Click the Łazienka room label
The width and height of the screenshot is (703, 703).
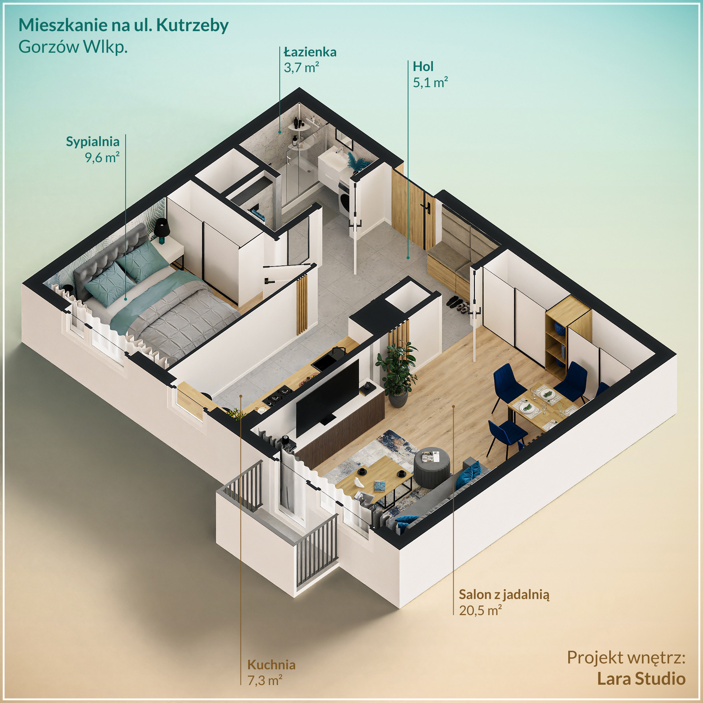[310, 52]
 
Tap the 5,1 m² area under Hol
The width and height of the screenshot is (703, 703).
[430, 83]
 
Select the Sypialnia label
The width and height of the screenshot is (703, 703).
[93, 142]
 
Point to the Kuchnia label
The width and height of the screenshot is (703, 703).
[271, 665]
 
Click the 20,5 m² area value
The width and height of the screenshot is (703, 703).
[480, 610]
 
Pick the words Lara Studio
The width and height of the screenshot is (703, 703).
[641, 678]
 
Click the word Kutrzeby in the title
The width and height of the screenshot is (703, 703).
[192, 25]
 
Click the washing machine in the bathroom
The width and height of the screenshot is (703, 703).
[345, 197]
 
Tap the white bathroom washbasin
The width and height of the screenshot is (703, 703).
[332, 161]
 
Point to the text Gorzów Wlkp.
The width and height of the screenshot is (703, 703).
[73, 47]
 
